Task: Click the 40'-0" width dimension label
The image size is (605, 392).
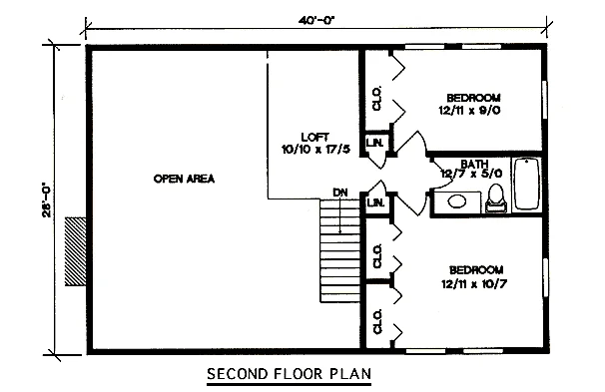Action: click(315, 20)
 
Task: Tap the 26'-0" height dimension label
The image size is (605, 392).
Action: click(47, 199)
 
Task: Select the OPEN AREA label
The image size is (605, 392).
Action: click(184, 179)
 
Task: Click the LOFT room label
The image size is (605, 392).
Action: click(315, 137)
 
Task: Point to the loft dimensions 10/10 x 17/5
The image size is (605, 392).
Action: click(316, 150)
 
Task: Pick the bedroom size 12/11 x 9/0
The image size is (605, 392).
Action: click(469, 111)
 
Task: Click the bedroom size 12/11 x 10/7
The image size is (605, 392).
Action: click(474, 284)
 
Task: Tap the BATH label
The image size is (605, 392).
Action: click(474, 164)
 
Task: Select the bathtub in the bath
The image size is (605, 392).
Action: click(526, 184)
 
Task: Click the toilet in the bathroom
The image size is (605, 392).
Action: click(496, 197)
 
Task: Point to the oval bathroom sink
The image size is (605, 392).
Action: click(457, 201)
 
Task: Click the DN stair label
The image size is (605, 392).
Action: click(339, 193)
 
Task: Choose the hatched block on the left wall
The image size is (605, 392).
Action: click(76, 251)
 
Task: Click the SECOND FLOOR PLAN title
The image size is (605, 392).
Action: click(289, 373)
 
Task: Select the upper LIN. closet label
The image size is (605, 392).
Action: click(374, 143)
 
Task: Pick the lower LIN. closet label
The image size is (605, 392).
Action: click(375, 201)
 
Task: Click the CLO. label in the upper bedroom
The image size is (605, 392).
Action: click(377, 98)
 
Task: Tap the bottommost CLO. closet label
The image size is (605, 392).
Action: click(377, 321)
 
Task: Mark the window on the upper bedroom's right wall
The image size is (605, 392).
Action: click(545, 100)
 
